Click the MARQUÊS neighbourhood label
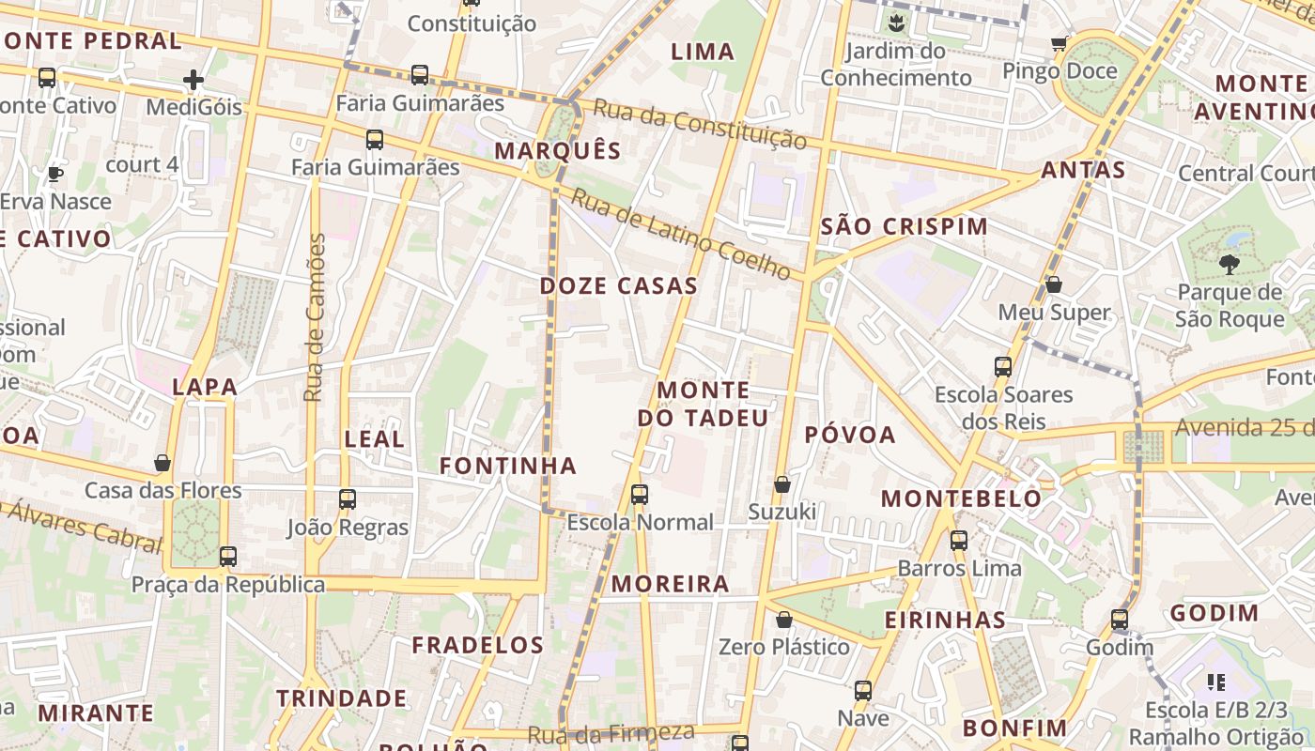tap(558, 151)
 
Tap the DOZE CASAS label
tap(619, 286)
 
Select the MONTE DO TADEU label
tap(704, 404)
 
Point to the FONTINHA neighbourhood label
tap(508, 466)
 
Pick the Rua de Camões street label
tap(315, 317)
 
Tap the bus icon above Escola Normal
tap(640, 495)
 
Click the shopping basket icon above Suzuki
tap(781, 484)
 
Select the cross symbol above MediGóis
tap(193, 80)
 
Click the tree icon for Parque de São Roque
tap(1229, 265)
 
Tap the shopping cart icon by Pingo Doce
tap(1060, 43)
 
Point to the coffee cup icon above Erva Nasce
tap(55, 174)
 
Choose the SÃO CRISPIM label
tap(905, 226)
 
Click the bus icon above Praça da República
tap(227, 557)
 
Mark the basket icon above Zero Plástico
tap(784, 620)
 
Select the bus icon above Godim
tap(1119, 620)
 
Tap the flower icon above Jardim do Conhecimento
tap(897, 23)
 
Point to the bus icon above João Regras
tap(348, 499)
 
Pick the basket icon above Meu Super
tap(1054, 284)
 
